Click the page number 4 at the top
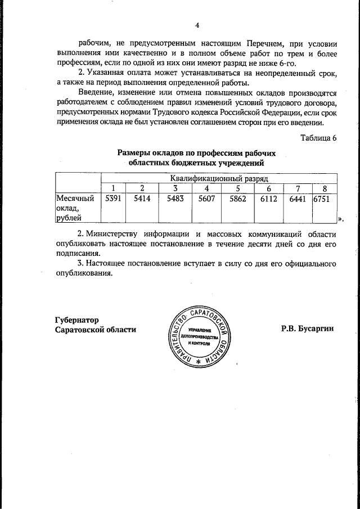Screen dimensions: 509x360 197,25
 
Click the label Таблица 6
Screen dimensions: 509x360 318,139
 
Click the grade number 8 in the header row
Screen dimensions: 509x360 325,188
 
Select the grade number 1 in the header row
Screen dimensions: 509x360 113,188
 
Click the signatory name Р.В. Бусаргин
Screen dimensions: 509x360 307,329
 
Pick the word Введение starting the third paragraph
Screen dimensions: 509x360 96,92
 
